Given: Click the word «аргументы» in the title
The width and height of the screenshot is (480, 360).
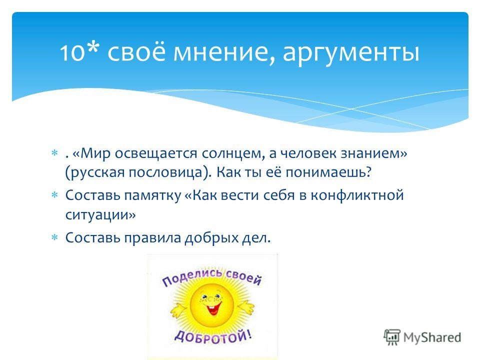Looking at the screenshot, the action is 351,52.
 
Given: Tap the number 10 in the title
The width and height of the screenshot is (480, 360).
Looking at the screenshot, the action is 72,52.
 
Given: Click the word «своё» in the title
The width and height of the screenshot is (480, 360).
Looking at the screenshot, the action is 136,51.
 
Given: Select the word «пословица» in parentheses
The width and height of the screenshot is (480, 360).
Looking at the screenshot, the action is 165,172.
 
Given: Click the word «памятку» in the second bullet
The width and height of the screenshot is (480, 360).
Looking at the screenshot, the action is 153,196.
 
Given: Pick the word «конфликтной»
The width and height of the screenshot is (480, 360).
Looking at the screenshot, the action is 357,195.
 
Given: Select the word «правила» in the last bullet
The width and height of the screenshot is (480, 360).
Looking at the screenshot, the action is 152,238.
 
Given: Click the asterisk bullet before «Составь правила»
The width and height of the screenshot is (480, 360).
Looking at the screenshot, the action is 54,237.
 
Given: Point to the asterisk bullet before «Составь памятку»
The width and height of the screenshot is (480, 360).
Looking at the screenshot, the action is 54,195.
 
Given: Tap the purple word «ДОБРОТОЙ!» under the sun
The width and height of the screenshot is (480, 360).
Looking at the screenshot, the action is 213,337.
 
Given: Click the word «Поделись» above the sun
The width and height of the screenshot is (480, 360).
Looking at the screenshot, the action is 192,276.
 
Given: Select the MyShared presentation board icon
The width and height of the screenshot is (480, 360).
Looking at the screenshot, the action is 392,336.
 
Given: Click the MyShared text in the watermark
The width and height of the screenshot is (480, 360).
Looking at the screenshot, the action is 432,337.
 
